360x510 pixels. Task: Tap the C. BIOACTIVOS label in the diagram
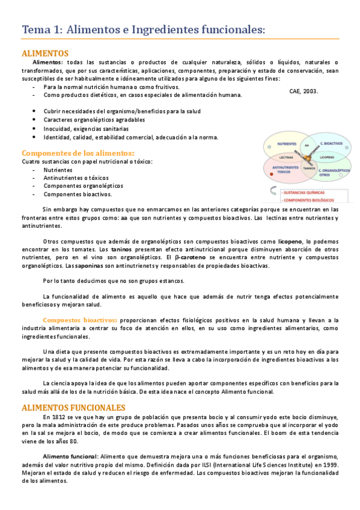331,144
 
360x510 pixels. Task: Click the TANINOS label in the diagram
309,168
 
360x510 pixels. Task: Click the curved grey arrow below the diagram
274,191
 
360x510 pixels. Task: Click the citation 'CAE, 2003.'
304,91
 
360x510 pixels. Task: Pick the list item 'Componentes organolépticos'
83,186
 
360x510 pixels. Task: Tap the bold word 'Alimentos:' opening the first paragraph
48,63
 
